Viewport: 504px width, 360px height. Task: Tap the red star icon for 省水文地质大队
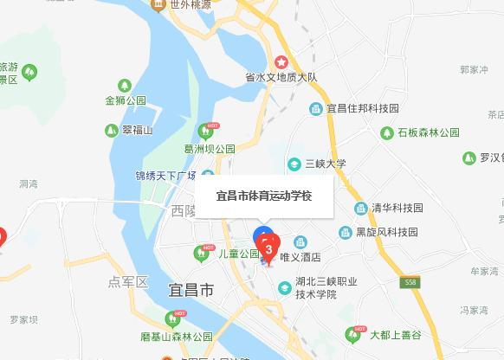click(x=281, y=62)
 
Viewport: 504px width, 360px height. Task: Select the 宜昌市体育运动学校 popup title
click(x=263, y=196)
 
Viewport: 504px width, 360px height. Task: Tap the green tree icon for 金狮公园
click(x=125, y=86)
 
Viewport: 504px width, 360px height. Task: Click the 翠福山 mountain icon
click(x=111, y=130)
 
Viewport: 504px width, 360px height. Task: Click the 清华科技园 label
click(x=397, y=208)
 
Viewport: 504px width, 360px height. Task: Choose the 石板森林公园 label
click(x=428, y=133)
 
